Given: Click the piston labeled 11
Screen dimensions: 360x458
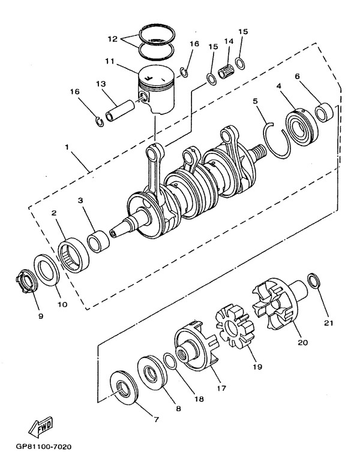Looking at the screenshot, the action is (x=157, y=89).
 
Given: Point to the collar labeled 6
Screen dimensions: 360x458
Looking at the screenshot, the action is (x=324, y=112).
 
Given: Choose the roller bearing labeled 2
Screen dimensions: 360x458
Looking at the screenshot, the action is (x=73, y=255).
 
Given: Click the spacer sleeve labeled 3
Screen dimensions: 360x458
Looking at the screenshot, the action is (x=98, y=241).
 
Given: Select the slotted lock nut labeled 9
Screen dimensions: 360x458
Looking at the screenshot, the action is (x=27, y=281).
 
